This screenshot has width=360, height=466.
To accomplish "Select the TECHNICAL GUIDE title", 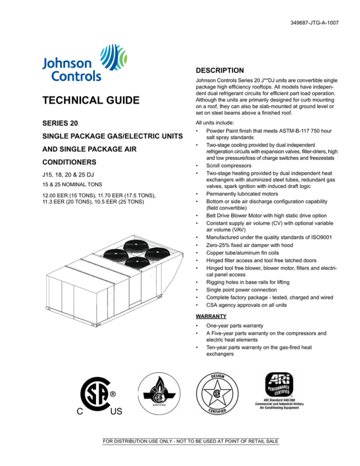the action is (x=83, y=100).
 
